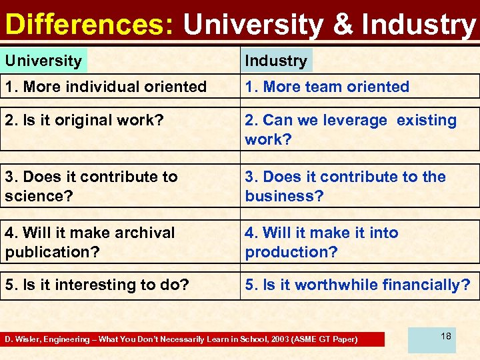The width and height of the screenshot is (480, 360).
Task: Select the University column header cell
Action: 43,61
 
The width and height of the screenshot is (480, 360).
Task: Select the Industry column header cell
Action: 276,61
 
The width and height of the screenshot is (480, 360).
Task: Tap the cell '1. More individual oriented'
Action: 105,87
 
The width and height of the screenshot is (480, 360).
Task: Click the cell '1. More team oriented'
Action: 327,87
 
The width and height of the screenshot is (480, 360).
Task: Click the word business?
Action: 284,196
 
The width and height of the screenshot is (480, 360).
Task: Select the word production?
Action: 291,252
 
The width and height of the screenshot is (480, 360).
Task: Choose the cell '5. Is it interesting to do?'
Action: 97,285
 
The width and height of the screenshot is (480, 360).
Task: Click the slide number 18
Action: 445,336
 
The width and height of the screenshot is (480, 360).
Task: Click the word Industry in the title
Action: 418,24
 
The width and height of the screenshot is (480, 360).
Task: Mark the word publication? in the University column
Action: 46,252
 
